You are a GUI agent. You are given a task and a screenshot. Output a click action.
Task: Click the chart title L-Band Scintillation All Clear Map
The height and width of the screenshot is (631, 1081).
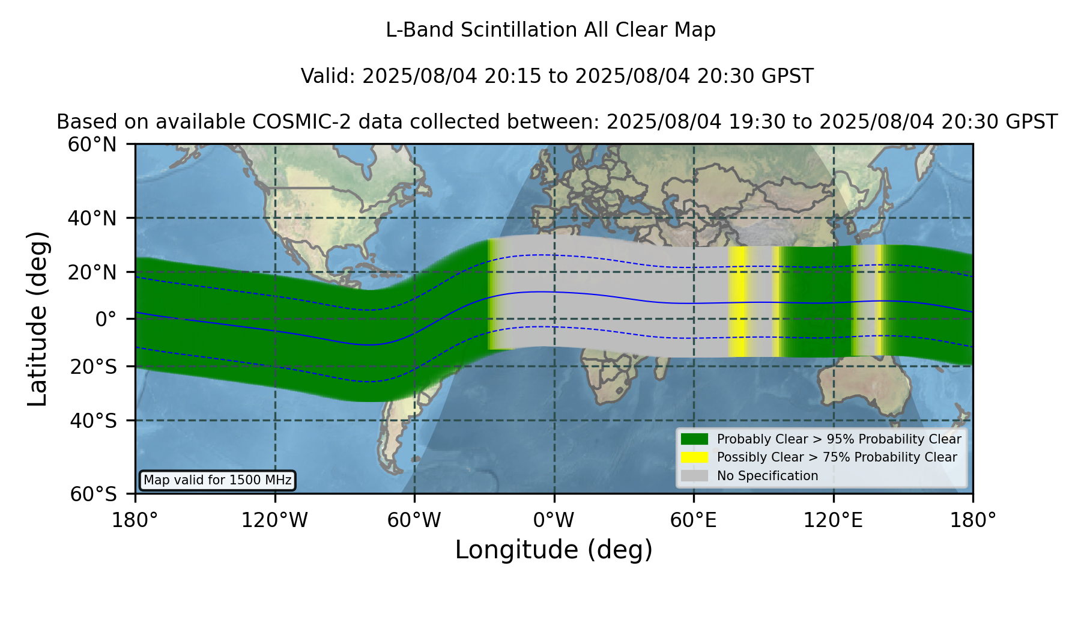(x=550, y=30)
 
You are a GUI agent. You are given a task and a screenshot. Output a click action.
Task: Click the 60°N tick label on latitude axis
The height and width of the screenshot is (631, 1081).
(x=92, y=144)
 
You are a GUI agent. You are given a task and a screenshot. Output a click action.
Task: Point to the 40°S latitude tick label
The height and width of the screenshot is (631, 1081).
(x=93, y=421)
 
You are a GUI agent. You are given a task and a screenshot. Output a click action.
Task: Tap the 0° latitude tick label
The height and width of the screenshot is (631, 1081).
(x=106, y=319)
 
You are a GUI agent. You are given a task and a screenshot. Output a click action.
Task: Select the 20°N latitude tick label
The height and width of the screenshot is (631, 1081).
(x=92, y=272)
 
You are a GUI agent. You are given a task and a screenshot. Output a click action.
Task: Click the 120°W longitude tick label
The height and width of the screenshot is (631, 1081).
(x=274, y=520)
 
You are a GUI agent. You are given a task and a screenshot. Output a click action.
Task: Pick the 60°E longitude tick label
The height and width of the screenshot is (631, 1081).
(x=694, y=520)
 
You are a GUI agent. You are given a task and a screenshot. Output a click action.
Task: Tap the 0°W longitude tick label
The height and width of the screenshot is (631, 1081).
(x=554, y=520)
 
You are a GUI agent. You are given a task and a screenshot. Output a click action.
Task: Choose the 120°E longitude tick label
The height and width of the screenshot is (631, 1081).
(x=833, y=520)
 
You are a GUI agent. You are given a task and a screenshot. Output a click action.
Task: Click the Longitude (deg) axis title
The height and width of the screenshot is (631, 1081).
(x=554, y=550)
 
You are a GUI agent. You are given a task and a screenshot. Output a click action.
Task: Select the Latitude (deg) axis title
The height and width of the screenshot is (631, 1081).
(x=38, y=319)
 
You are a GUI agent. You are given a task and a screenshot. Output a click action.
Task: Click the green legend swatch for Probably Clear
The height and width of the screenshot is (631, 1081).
(x=695, y=439)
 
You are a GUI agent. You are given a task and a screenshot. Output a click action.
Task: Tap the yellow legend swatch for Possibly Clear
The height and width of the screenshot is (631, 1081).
(x=695, y=457)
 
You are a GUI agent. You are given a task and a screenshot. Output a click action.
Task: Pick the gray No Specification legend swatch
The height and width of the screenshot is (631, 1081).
(x=695, y=476)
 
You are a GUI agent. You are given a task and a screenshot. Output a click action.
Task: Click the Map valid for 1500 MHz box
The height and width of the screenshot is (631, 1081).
(x=217, y=480)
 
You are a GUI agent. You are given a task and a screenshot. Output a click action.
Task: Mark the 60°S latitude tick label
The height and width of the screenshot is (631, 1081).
(x=93, y=494)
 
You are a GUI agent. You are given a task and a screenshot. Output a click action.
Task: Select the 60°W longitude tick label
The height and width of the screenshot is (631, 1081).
(x=414, y=520)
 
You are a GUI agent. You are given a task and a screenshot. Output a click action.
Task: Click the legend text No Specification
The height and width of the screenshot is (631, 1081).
(x=768, y=476)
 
